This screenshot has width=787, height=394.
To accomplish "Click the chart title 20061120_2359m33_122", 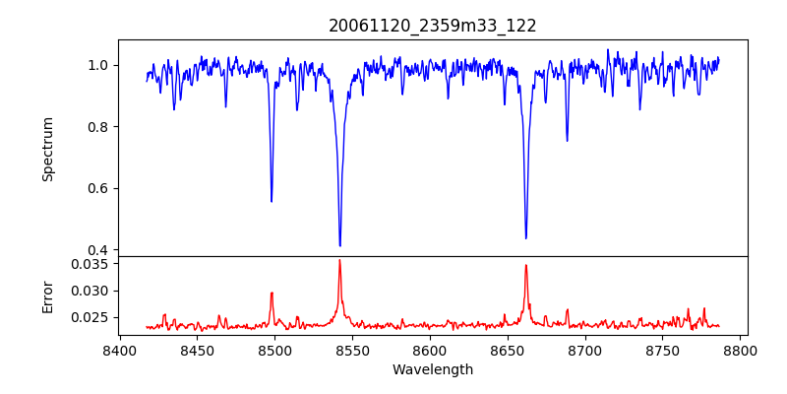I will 433,26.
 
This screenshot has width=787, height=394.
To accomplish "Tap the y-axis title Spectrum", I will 48,149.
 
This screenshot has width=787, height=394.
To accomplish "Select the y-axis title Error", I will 48,296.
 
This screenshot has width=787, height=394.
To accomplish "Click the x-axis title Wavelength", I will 433,370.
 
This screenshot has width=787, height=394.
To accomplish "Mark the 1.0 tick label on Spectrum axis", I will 98,65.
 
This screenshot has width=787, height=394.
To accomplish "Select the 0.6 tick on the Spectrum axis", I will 98,188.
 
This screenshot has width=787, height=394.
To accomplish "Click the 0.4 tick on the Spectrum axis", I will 98,250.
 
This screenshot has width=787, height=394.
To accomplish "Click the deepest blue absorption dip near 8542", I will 339,245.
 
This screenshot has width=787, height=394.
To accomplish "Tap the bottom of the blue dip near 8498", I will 272,201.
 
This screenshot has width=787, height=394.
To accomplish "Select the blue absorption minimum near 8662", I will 525,237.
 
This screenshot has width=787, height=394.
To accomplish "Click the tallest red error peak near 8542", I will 339,260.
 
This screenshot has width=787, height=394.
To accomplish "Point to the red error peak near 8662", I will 526,265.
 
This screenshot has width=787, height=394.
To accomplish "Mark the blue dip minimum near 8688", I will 567,140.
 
